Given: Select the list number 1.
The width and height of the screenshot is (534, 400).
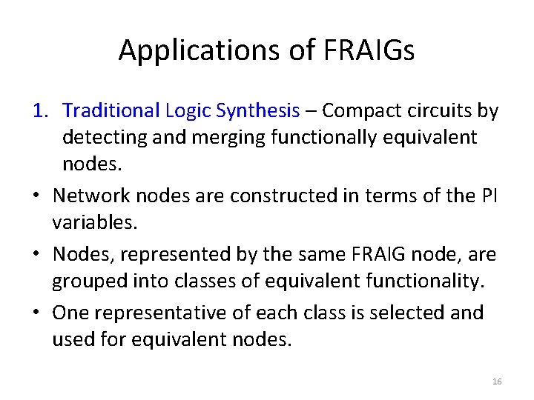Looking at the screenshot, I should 41,111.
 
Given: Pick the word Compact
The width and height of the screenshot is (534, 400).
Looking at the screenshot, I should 360,111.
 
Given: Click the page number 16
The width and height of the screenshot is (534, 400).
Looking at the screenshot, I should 497,381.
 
